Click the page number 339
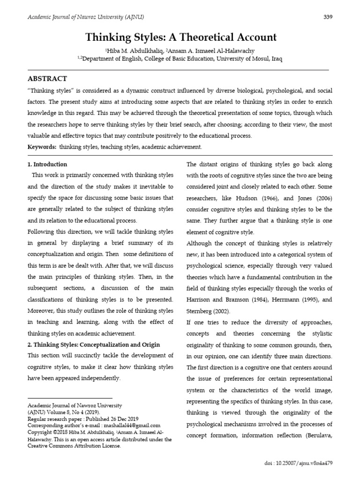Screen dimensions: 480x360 click(328, 17)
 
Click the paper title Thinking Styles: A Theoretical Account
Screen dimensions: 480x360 click(180, 37)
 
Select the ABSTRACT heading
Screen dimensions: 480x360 click(48, 79)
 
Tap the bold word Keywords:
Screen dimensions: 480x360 click(42, 147)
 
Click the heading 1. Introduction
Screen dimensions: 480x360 click(48, 165)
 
